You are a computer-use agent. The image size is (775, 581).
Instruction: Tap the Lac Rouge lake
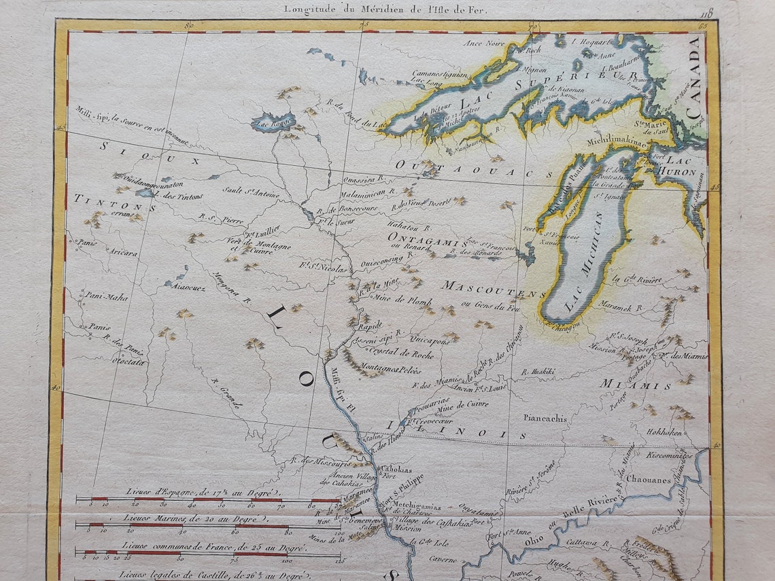(x=273, y=123)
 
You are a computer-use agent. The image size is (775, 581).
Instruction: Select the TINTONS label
(x=114, y=202)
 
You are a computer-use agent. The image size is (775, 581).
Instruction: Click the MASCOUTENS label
(x=494, y=289)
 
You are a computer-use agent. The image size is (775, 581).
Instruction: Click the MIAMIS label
(x=635, y=385)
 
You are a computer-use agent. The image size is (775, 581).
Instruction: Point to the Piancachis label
(x=545, y=419)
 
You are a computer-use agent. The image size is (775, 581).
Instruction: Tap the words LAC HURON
(x=680, y=166)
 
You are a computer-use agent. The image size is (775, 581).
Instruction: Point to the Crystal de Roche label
(x=401, y=353)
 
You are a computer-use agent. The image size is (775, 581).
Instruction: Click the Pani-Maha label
(x=106, y=296)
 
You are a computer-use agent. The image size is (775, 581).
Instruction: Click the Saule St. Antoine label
(x=251, y=193)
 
